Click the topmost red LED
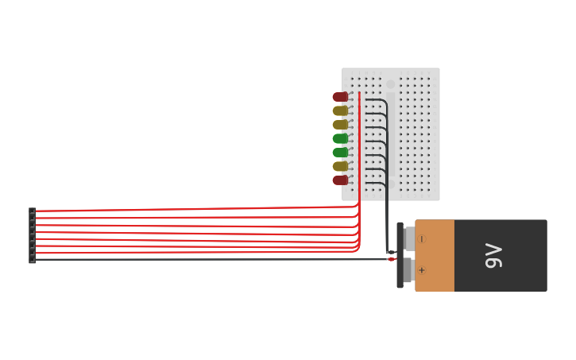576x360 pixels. (340, 97)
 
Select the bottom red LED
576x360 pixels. (340, 180)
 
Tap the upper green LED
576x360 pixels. (340, 138)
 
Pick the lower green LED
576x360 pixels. (340, 153)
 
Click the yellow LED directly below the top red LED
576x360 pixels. (340, 111)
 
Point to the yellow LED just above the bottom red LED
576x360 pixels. (340, 167)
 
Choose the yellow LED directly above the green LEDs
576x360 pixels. (340, 125)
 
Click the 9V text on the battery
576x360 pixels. (493, 255)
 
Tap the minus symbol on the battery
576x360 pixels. (422, 239)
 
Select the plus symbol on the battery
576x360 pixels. (422, 270)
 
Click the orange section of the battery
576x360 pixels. (435, 255)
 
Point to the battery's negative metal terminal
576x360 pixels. (409, 238)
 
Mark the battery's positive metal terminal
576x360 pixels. (408, 270)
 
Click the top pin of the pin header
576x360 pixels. (32, 211)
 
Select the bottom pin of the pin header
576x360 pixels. (32, 260)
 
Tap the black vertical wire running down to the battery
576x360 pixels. (387, 215)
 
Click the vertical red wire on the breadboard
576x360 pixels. (359, 143)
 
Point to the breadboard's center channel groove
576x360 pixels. (390, 135)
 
